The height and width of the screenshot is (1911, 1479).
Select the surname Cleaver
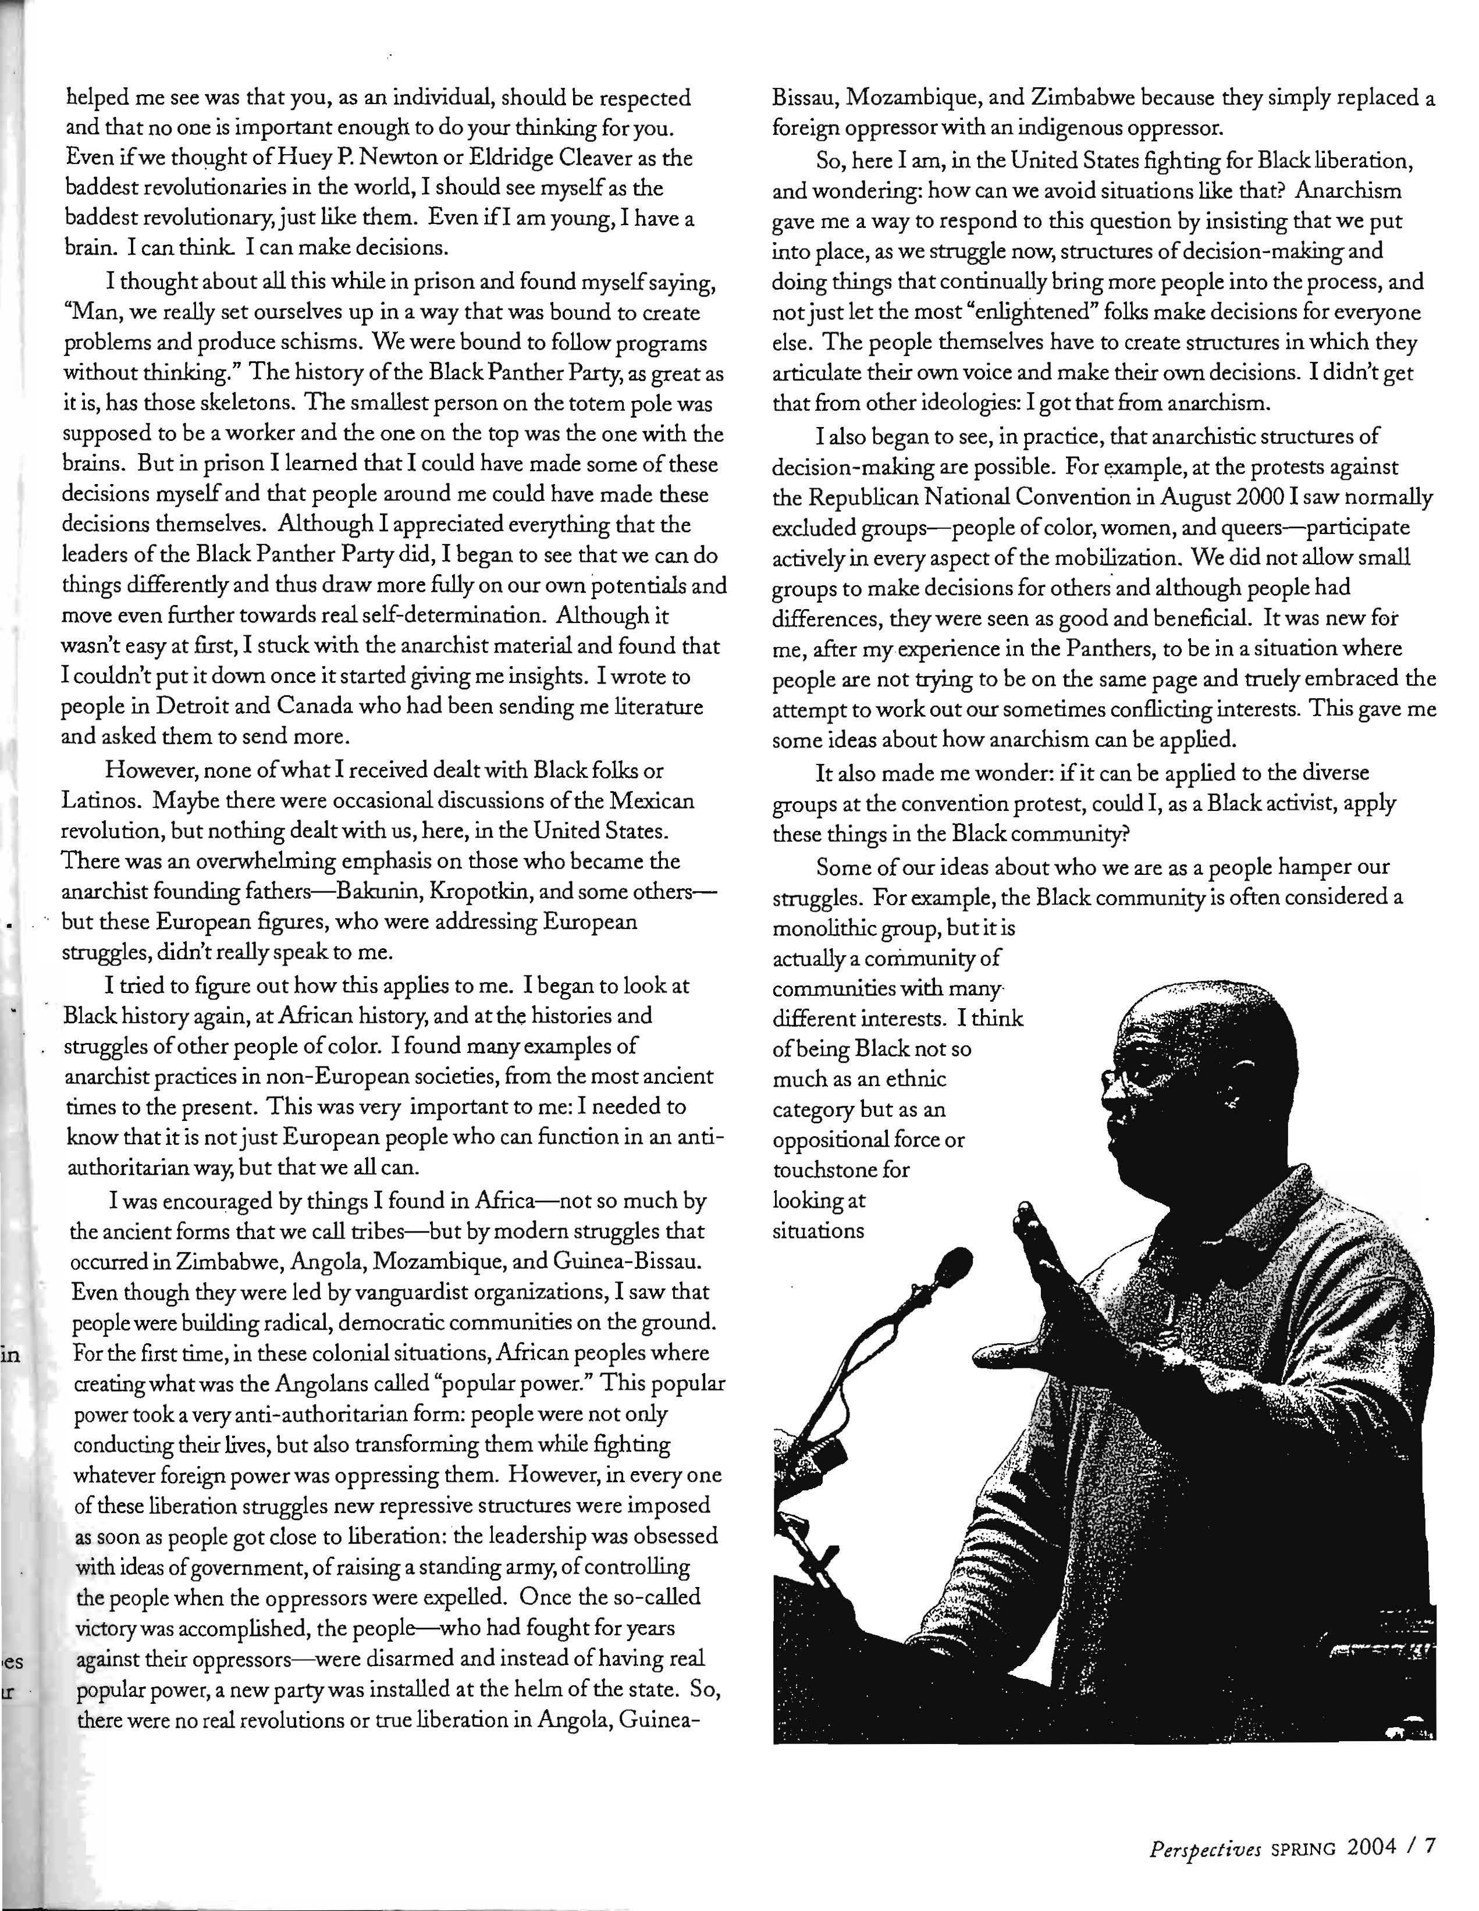coord(564,158)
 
